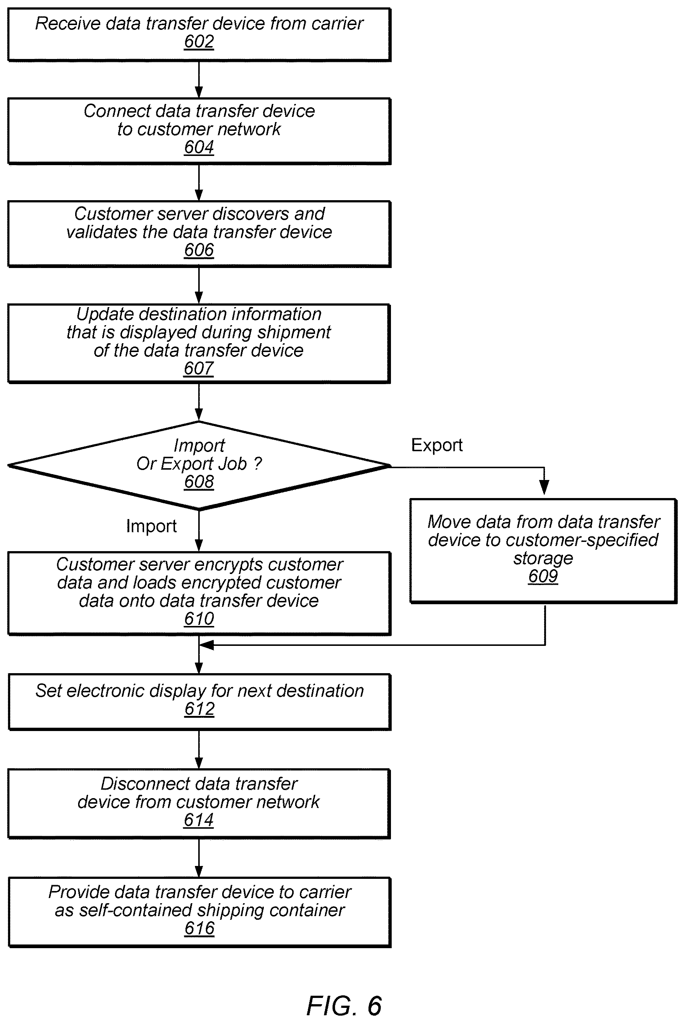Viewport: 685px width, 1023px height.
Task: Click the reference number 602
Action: click(x=199, y=42)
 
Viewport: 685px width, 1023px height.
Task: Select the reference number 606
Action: click(x=199, y=250)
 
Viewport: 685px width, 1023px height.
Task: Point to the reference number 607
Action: click(x=198, y=369)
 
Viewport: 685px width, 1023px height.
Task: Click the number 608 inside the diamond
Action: click(x=199, y=482)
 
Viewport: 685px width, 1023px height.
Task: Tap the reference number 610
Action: click(x=199, y=619)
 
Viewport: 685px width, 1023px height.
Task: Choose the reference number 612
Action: click(x=199, y=709)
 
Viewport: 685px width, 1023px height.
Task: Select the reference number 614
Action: click(x=198, y=820)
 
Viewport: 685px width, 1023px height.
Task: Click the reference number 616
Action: click(x=199, y=929)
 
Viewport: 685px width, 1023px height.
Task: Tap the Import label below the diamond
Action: click(x=151, y=526)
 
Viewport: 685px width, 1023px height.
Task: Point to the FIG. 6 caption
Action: click(x=344, y=1005)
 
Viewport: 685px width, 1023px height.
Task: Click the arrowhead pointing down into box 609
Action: click(x=544, y=487)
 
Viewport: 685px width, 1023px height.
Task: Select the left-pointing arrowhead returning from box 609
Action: click(x=206, y=645)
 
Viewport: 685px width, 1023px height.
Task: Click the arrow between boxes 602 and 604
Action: click(x=199, y=80)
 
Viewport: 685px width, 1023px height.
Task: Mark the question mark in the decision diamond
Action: click(x=258, y=464)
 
